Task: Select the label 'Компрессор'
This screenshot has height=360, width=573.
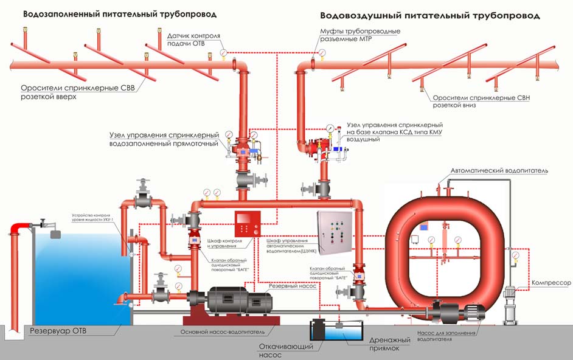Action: tap(552, 283)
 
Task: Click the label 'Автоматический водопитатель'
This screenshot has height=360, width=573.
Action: tap(499, 171)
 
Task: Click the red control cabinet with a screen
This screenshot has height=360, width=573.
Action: tap(248, 223)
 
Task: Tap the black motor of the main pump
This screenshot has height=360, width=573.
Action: tap(238, 302)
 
